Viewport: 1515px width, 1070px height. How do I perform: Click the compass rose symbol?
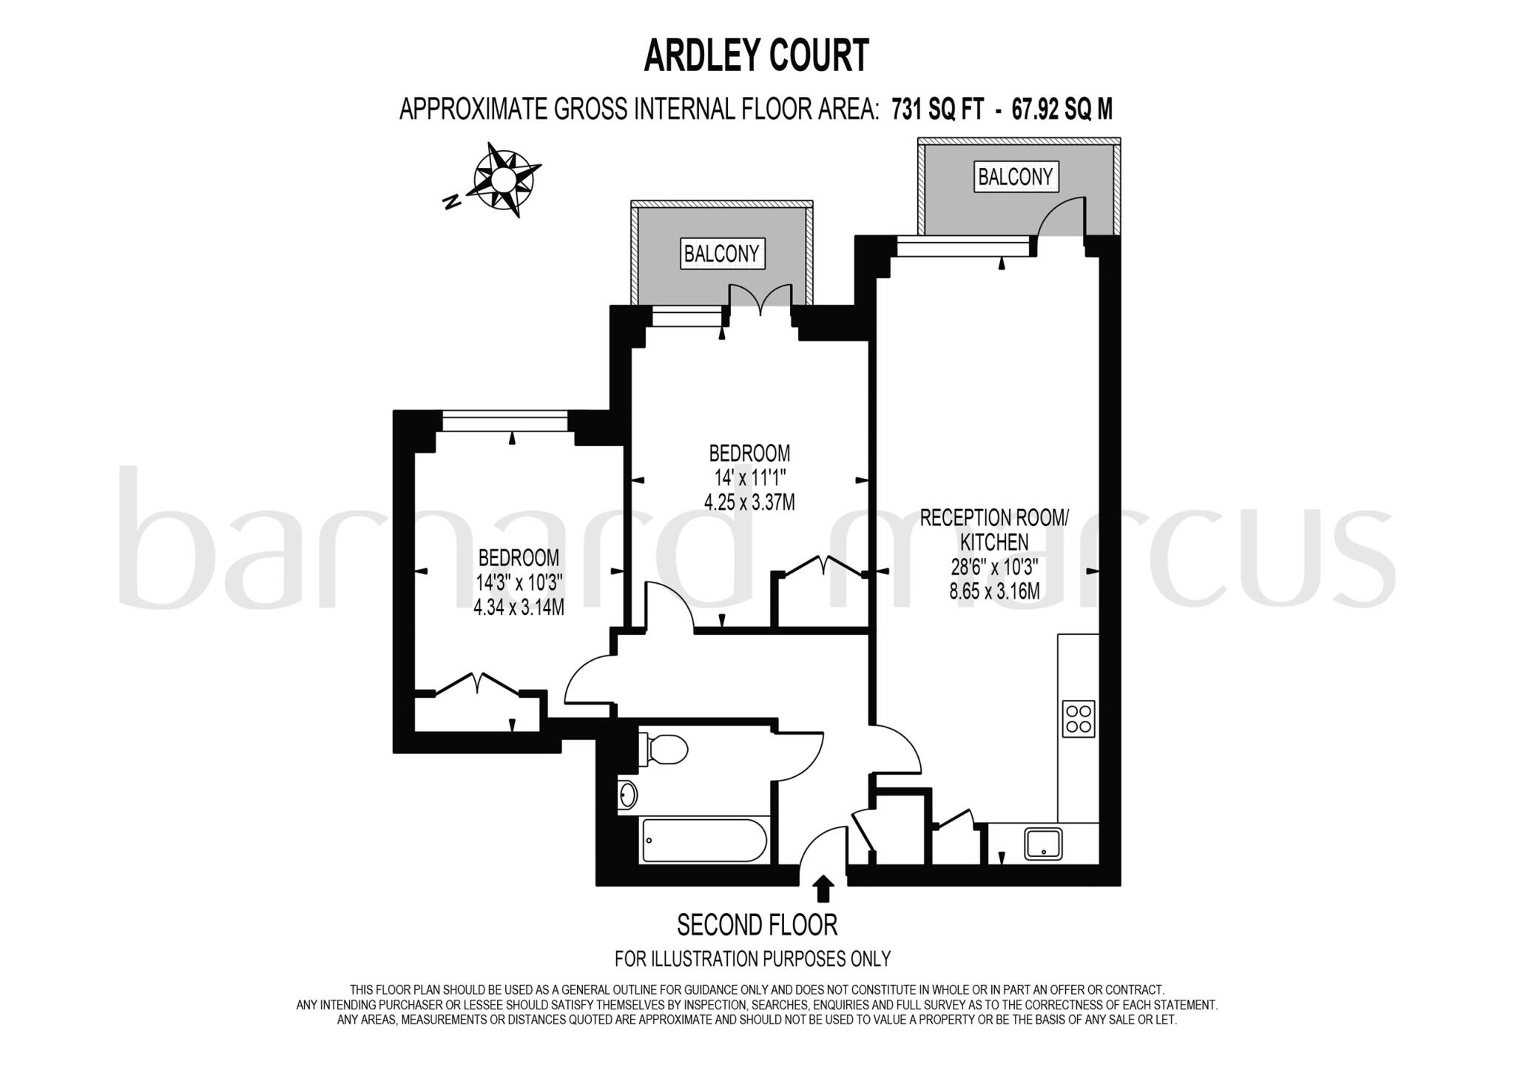point(503,180)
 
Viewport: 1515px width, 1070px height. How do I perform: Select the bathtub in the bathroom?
point(705,840)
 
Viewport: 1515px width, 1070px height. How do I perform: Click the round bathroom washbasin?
point(628,794)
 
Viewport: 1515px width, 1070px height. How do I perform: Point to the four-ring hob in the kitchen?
point(1078,718)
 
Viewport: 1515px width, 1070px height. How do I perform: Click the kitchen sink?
point(1043,844)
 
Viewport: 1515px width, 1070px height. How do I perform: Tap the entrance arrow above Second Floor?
point(823,889)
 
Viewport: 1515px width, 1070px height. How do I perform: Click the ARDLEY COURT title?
point(756,56)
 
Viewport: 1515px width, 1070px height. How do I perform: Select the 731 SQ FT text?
point(938,110)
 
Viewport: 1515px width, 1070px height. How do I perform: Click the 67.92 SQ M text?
point(1062,110)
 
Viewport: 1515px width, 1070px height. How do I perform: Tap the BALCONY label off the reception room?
point(1015,177)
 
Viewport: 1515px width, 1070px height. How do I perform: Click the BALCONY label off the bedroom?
point(721,254)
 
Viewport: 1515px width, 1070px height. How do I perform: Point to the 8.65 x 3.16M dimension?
point(994,591)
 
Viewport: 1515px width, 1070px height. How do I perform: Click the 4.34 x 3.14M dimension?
point(519,608)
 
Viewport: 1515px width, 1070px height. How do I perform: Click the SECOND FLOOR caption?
point(757,925)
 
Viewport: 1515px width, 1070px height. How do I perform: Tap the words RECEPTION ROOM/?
point(993,517)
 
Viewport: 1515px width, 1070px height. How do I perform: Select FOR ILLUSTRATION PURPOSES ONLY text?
point(752,959)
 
